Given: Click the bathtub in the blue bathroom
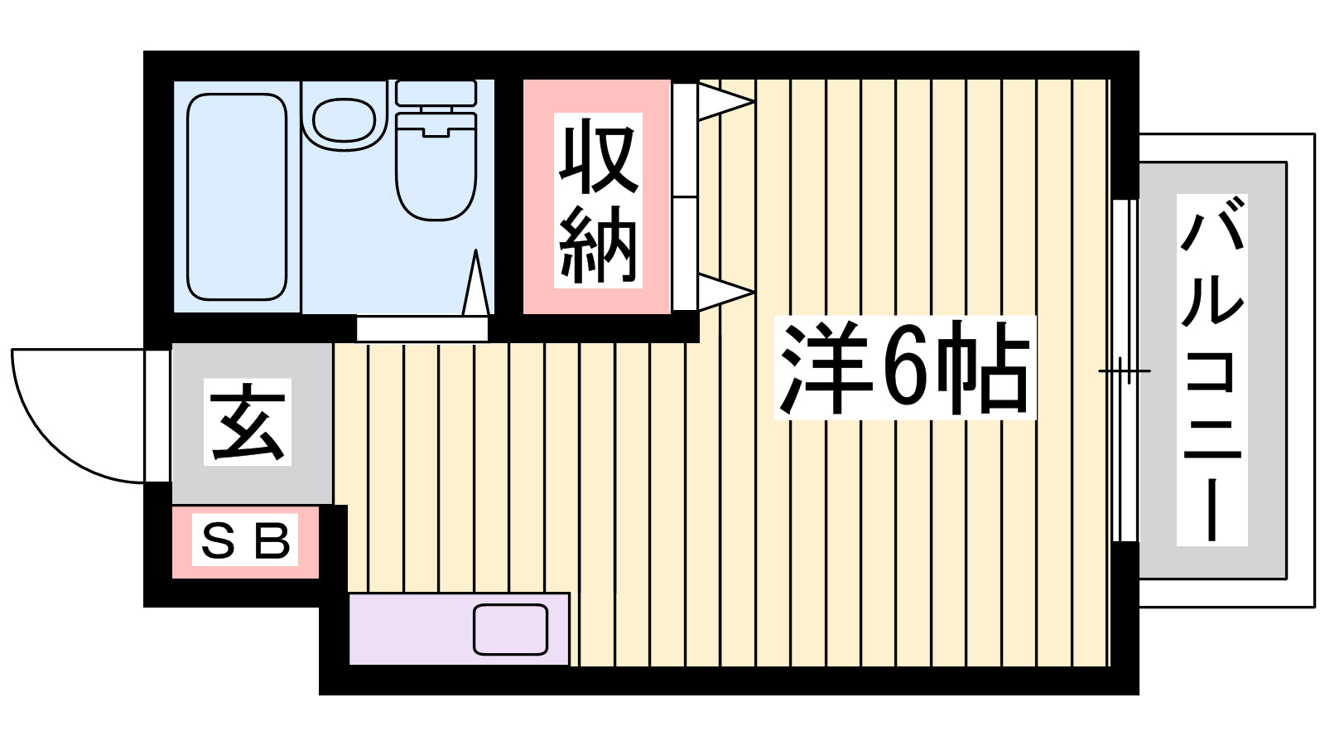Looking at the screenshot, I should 237,196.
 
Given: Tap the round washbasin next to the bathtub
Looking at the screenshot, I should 344,121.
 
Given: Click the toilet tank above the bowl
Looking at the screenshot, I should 436,92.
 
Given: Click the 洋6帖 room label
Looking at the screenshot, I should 905,368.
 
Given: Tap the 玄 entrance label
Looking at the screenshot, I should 248,422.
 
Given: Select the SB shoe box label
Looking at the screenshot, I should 246,541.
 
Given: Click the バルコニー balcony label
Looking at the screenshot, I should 1212,370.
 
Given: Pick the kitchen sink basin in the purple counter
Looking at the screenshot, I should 510,630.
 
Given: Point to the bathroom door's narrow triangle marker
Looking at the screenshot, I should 475,286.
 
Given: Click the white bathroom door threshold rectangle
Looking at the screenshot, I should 422,329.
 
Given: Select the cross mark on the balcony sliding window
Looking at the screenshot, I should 1123,371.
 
